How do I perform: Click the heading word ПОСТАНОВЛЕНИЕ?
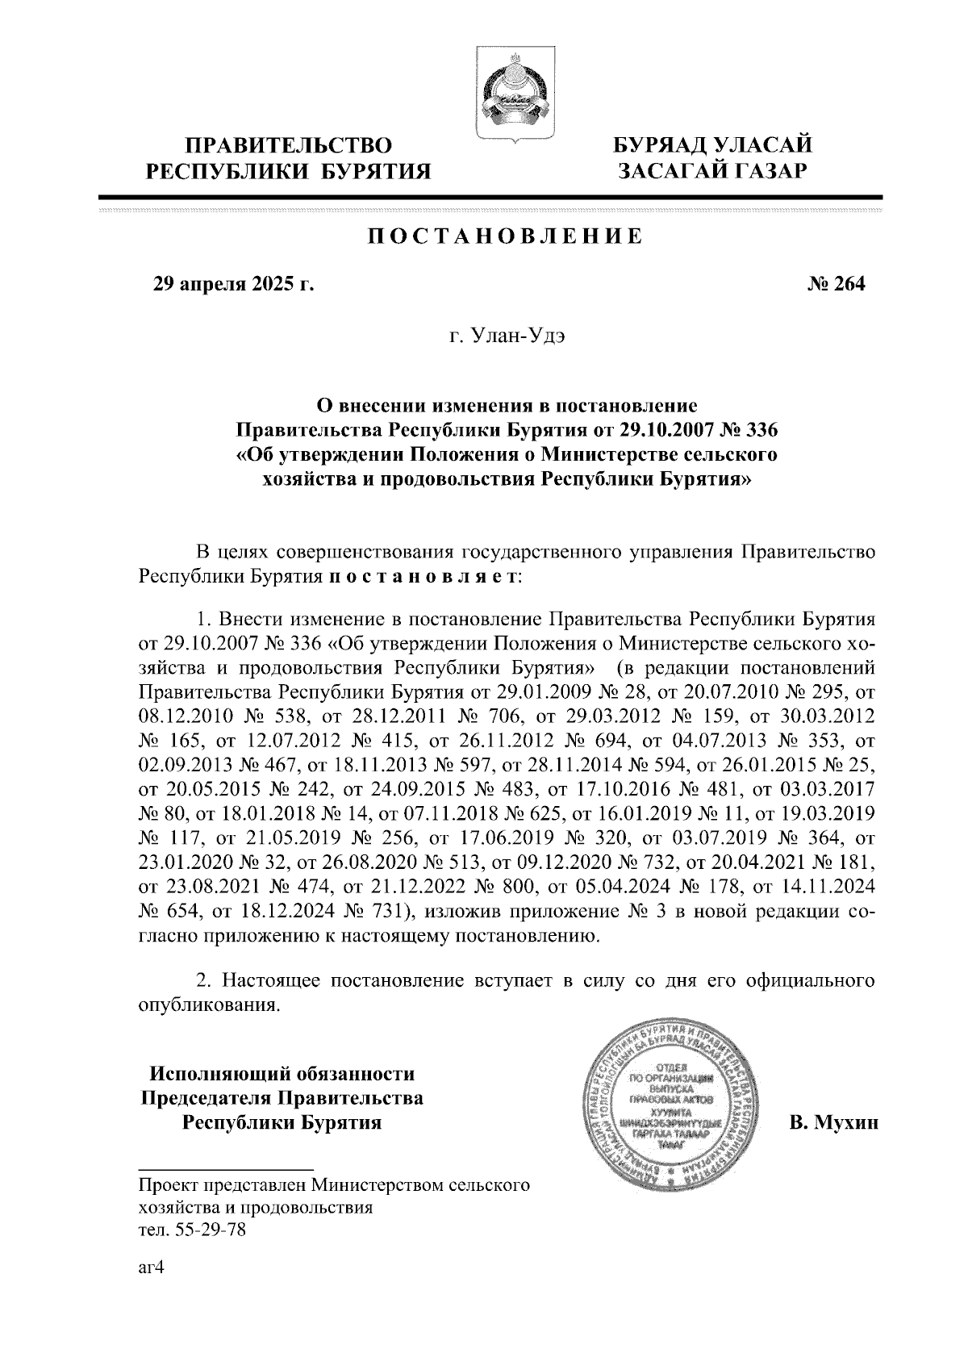coord(506,236)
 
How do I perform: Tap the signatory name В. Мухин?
coord(833,1122)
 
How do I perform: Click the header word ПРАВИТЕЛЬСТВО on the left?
coord(290,146)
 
